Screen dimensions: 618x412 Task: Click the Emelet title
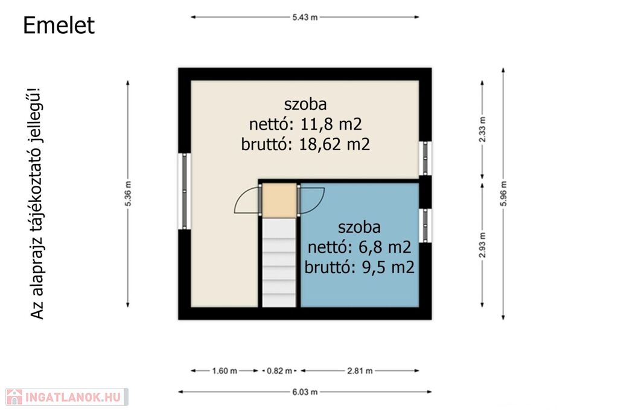click(59, 25)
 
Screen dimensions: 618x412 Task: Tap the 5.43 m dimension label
click(305, 17)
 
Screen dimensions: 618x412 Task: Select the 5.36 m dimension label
click(128, 194)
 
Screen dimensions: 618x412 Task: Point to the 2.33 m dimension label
click(482, 130)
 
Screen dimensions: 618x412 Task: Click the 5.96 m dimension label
click(503, 194)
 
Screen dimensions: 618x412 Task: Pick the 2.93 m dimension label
click(482, 245)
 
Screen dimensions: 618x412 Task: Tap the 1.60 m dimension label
click(225, 370)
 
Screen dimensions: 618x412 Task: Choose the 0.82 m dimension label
click(279, 370)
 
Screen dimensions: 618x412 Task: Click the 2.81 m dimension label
click(360, 370)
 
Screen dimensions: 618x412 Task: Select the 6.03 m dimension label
click(305, 392)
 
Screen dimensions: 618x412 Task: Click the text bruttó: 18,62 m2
click(305, 145)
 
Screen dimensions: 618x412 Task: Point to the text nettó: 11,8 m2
click(305, 124)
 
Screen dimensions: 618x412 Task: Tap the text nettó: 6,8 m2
click(360, 247)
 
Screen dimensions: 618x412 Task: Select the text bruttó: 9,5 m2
click(360, 267)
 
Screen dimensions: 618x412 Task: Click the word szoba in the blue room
click(360, 227)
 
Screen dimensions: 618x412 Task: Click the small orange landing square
click(279, 200)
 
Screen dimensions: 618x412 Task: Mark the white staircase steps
click(279, 262)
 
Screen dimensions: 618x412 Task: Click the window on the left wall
click(185, 191)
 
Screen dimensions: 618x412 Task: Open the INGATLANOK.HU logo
click(67, 397)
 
